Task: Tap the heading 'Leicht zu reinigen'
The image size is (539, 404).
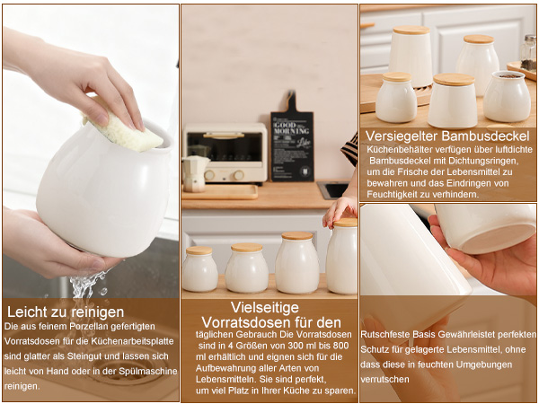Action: [x=66, y=312]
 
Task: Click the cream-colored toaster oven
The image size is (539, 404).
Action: [x=225, y=153]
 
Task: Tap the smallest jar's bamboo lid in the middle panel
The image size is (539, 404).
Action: [x=199, y=250]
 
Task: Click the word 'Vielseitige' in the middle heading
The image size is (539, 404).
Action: [x=265, y=307]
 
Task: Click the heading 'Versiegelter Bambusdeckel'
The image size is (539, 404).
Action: [x=447, y=136]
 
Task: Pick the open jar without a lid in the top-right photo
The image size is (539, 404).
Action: [x=508, y=96]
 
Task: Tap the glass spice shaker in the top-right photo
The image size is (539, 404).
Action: [x=528, y=53]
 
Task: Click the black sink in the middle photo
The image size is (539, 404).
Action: [x=332, y=189]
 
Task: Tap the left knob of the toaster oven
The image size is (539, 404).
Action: [x=209, y=175]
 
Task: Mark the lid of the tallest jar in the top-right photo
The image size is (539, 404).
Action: [x=411, y=30]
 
